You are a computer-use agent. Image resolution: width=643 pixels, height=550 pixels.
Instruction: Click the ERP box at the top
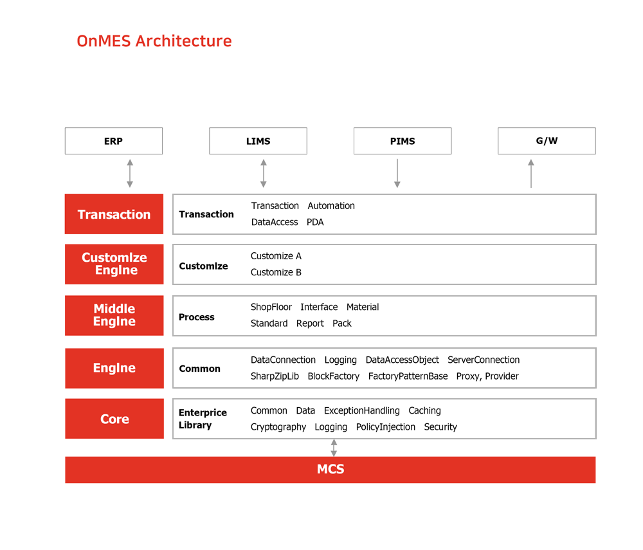pyautogui.click(x=114, y=141)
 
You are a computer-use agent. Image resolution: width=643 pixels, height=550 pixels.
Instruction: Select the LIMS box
pyautogui.click(x=258, y=141)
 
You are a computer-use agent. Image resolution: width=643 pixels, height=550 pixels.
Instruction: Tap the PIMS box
pyautogui.click(x=403, y=141)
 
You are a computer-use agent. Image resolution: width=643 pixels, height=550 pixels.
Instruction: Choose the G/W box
pyautogui.click(x=547, y=141)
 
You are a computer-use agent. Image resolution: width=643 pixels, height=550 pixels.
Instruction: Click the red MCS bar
pyautogui.click(x=330, y=470)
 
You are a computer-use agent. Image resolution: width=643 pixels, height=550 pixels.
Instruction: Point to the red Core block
pyautogui.click(x=114, y=419)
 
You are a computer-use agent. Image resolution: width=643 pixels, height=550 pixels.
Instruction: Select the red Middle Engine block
pyautogui.click(x=114, y=315)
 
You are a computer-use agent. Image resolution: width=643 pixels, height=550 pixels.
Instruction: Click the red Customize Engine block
pyautogui.click(x=114, y=264)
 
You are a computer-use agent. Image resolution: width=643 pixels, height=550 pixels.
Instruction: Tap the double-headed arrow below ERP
pyautogui.click(x=130, y=174)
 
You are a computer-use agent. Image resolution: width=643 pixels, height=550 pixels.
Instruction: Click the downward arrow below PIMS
pyautogui.click(x=397, y=174)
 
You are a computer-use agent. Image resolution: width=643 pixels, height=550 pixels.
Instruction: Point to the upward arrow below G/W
pyautogui.click(x=531, y=174)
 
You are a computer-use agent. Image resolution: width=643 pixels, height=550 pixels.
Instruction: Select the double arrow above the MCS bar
pyautogui.click(x=334, y=448)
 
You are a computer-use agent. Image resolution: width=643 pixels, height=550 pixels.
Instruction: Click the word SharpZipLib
pyautogui.click(x=275, y=376)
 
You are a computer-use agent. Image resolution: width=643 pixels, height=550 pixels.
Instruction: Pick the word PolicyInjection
pyautogui.click(x=385, y=427)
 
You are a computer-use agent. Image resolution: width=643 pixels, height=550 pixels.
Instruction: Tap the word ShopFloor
pyautogui.click(x=271, y=307)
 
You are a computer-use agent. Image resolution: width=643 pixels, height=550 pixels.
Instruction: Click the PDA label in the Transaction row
pyautogui.click(x=315, y=222)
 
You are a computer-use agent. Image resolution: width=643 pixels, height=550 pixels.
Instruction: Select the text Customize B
pyautogui.click(x=276, y=272)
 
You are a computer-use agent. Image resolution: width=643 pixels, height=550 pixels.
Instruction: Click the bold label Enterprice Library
pyautogui.click(x=203, y=419)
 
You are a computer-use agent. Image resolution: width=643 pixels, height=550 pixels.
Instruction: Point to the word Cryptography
pyautogui.click(x=278, y=427)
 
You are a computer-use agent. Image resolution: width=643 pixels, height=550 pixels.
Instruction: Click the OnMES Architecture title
pyautogui.click(x=154, y=41)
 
